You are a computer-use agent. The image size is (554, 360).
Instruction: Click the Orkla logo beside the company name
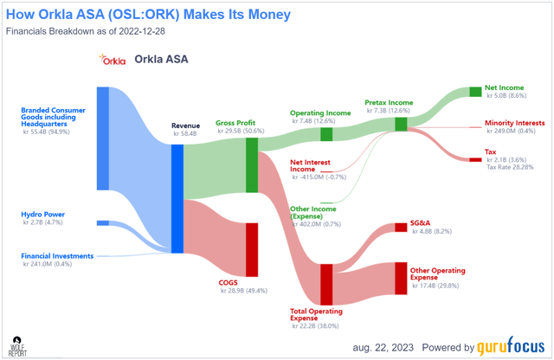(x=113, y=61)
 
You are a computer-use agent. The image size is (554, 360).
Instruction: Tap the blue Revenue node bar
(x=177, y=198)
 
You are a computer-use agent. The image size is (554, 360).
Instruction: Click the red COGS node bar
(x=252, y=247)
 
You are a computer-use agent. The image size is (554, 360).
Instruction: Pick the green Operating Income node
(x=326, y=133)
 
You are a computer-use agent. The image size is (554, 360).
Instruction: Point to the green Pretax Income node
(x=401, y=124)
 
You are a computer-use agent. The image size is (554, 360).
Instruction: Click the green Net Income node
(x=474, y=91)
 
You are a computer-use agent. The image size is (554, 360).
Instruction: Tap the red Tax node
(x=474, y=159)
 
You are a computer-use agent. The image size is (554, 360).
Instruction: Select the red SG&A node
(x=401, y=228)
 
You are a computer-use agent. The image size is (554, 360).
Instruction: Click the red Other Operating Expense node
(x=401, y=278)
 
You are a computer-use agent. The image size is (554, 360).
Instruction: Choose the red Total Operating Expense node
(x=326, y=285)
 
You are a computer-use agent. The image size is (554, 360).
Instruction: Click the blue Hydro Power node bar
(x=102, y=222)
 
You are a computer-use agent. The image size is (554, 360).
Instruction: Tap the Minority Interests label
(x=514, y=123)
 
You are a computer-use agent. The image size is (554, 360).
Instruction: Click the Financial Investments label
(x=57, y=255)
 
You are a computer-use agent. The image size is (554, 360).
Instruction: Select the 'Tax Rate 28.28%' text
(x=508, y=169)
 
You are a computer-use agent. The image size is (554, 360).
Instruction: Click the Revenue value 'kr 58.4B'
(x=186, y=135)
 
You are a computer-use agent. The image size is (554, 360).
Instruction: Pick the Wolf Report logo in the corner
(x=15, y=345)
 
